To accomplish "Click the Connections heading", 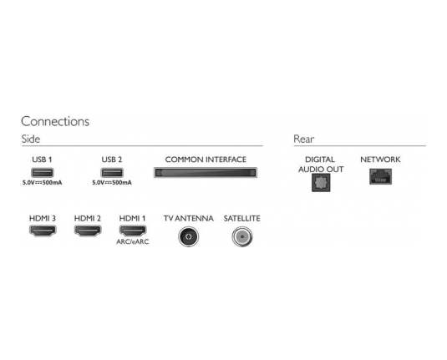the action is pos(55,122).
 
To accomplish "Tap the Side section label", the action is pos(31,139).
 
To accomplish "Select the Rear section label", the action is pos(303,139).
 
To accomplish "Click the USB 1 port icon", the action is pos(42,172).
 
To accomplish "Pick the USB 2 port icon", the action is pos(112,172).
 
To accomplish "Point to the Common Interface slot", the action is pos(206,172).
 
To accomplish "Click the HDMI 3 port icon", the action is pos(43,231).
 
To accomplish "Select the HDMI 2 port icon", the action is pos(88,231).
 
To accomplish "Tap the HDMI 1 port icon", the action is pos(133,231).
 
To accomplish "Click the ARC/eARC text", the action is pos(133,241).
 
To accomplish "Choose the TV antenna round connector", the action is pos(189,236).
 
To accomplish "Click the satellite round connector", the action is pos(242,236).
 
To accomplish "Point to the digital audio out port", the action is pos(321,182).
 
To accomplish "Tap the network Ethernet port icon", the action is pos(381,176).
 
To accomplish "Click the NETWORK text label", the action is pos(380,160).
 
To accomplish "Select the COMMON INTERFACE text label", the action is pos(206,160).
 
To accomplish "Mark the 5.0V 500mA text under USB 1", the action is pos(42,182).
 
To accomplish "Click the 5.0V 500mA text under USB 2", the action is pos(112,182).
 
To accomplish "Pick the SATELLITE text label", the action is pos(242,218).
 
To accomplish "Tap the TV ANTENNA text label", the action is pos(189,218).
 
